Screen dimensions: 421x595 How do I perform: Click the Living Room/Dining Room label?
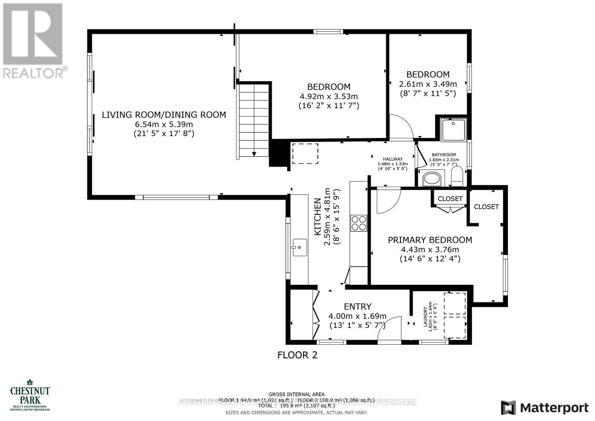click(164, 115)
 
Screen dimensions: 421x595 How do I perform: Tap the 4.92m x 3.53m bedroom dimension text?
click(329, 96)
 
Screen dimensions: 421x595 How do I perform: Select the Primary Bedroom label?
click(430, 240)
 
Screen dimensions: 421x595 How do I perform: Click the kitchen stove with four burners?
click(359, 223)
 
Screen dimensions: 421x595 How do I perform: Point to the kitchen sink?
click(299, 248)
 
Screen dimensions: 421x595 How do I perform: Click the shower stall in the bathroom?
click(453, 130)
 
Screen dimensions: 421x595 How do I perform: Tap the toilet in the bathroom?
click(456, 176)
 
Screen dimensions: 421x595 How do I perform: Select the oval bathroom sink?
click(432, 179)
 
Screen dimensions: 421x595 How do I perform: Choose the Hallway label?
click(393, 159)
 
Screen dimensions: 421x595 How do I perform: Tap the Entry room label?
click(357, 306)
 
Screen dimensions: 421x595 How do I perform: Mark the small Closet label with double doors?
click(450, 199)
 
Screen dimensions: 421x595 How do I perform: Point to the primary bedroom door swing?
click(387, 201)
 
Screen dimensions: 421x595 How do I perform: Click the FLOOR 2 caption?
click(297, 355)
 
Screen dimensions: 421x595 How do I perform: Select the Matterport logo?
click(545, 408)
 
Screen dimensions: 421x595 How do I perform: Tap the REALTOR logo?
click(33, 41)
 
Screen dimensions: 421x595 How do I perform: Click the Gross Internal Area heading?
click(296, 394)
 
